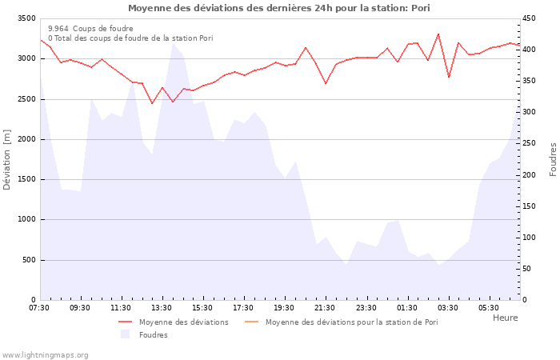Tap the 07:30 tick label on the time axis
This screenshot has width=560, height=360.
tap(39, 308)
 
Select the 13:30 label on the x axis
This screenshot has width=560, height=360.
tap(162, 308)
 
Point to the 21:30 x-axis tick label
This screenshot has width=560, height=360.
tap(325, 308)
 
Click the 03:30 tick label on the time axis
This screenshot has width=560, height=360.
tap(448, 308)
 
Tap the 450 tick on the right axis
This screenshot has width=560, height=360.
tap(530, 18)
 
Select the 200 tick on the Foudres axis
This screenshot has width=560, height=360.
tap(530, 175)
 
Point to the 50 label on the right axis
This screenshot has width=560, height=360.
tap(527, 269)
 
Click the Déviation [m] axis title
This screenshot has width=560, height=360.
tap(8, 159)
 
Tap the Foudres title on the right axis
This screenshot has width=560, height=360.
tap(553, 159)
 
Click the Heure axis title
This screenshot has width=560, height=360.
tap(505, 318)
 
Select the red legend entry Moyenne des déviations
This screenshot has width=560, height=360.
tap(183, 322)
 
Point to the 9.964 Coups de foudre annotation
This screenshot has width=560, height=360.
tap(90, 28)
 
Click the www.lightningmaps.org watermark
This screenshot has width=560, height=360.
tap(46, 354)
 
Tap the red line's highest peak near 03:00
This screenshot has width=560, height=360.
tap(438, 34)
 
